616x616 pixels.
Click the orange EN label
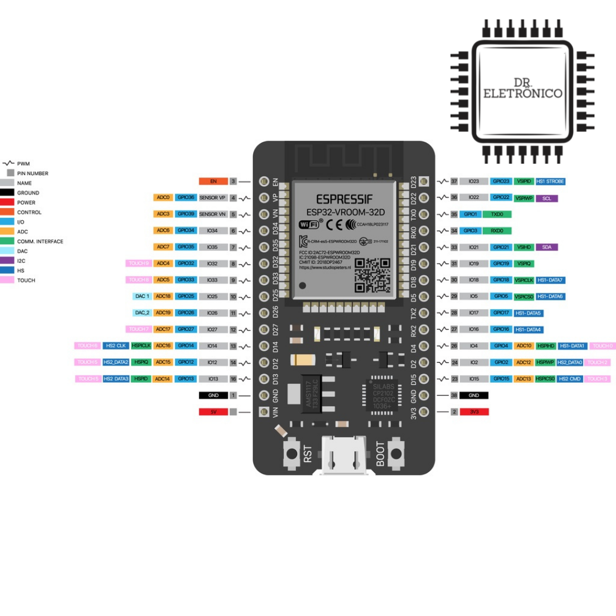[213, 181]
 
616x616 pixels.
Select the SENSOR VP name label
[213, 197]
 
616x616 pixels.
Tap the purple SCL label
[547, 198]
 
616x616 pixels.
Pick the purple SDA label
[547, 247]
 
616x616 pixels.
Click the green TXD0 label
[497, 214]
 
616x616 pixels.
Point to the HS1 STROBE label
[550, 181]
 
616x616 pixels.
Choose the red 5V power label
[213, 412]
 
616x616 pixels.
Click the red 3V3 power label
[473, 412]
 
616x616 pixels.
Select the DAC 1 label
[142, 297]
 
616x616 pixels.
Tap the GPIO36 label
[185, 197]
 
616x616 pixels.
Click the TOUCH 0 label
[602, 346]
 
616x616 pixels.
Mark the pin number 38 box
[454, 395]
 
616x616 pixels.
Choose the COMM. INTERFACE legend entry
[40, 241]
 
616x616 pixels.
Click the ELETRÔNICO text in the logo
[522, 93]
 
